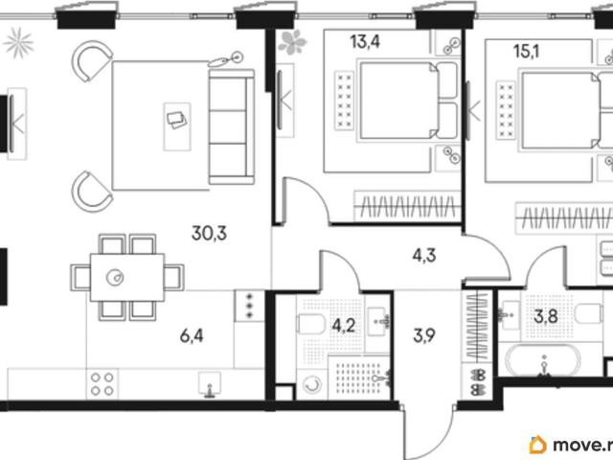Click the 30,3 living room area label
click(209, 233)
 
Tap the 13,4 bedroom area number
click(365, 41)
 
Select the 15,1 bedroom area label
click(526, 51)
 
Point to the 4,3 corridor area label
click(424, 256)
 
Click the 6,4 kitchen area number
click(192, 335)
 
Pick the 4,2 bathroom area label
click(344, 326)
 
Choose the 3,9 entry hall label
click(424, 335)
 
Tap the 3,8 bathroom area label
click(546, 316)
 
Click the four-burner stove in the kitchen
click(102, 383)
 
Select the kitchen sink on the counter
click(210, 384)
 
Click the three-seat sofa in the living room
click(232, 126)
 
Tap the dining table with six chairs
click(127, 278)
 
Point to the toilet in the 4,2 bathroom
click(310, 324)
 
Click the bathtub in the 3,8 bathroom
click(543, 360)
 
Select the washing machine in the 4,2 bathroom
click(312, 385)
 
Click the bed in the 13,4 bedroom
click(408, 101)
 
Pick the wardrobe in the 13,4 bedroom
click(406, 206)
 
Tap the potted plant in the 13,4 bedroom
click(292, 42)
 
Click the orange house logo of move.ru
click(537, 445)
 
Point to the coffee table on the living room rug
click(177, 126)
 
